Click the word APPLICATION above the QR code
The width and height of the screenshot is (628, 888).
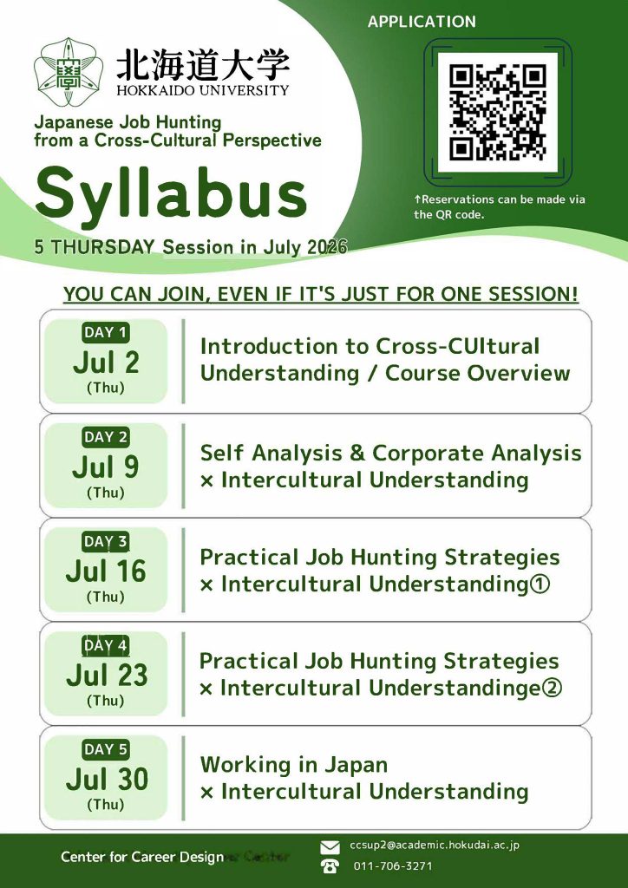pyautogui.click(x=422, y=22)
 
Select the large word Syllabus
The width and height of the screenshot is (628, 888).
pyautogui.click(x=171, y=195)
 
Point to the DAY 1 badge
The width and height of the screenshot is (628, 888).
pyautogui.click(x=106, y=332)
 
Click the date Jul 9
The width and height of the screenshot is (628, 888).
pyautogui.click(x=106, y=467)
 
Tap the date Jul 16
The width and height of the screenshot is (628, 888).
pyautogui.click(x=106, y=571)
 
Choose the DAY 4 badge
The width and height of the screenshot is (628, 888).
pyautogui.click(x=106, y=645)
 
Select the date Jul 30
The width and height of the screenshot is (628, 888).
pyautogui.click(x=107, y=780)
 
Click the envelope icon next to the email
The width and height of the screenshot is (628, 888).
pyautogui.click(x=330, y=847)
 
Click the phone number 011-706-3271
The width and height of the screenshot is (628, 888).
pyautogui.click(x=393, y=866)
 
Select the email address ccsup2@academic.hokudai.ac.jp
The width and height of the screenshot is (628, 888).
pyautogui.click(x=435, y=846)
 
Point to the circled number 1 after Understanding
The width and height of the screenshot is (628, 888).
pyautogui.click(x=540, y=584)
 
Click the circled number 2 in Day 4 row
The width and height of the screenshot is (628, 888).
pyautogui.click(x=552, y=688)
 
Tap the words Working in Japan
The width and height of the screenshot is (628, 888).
pyautogui.click(x=294, y=765)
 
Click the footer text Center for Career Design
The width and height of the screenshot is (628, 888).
pyautogui.click(x=143, y=857)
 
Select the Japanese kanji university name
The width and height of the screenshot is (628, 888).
pyautogui.click(x=203, y=65)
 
